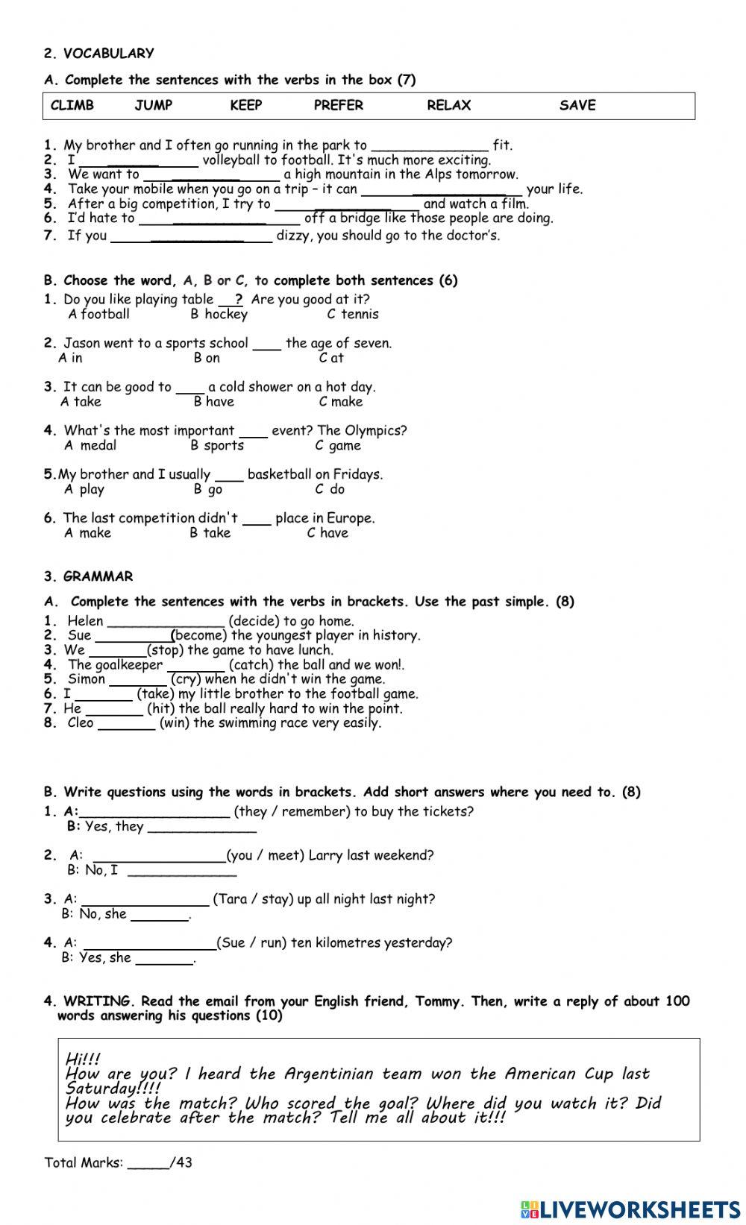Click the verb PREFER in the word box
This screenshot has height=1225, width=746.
click(x=338, y=105)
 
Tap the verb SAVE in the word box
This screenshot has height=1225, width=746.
click(x=577, y=105)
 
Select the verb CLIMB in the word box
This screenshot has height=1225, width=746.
click(x=72, y=105)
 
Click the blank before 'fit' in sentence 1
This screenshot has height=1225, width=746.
click(x=430, y=146)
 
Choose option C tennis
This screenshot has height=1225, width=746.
click(x=353, y=314)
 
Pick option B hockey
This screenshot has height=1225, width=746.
click(x=219, y=314)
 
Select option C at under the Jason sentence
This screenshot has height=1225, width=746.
click(x=331, y=358)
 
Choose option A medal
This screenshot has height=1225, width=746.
click(x=90, y=445)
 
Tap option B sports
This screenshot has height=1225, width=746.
click(x=217, y=445)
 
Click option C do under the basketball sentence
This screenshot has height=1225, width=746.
click(x=330, y=489)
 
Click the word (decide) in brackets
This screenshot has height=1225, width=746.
click(x=254, y=620)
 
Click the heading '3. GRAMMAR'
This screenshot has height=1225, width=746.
click(x=88, y=576)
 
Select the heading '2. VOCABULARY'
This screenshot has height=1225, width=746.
click(x=98, y=53)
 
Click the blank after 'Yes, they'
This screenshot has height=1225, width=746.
click(x=201, y=828)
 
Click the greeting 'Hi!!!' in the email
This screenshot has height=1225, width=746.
click(x=83, y=1059)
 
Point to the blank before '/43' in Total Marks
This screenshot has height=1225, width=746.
click(x=148, y=1163)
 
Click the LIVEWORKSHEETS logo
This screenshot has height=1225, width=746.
click(x=630, y=1209)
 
